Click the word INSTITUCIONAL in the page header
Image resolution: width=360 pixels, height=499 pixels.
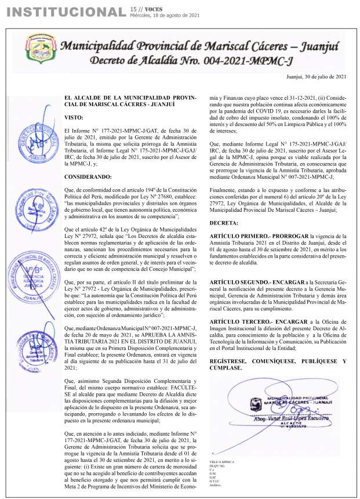point(63,12)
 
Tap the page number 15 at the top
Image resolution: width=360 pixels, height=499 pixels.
point(134,9)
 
